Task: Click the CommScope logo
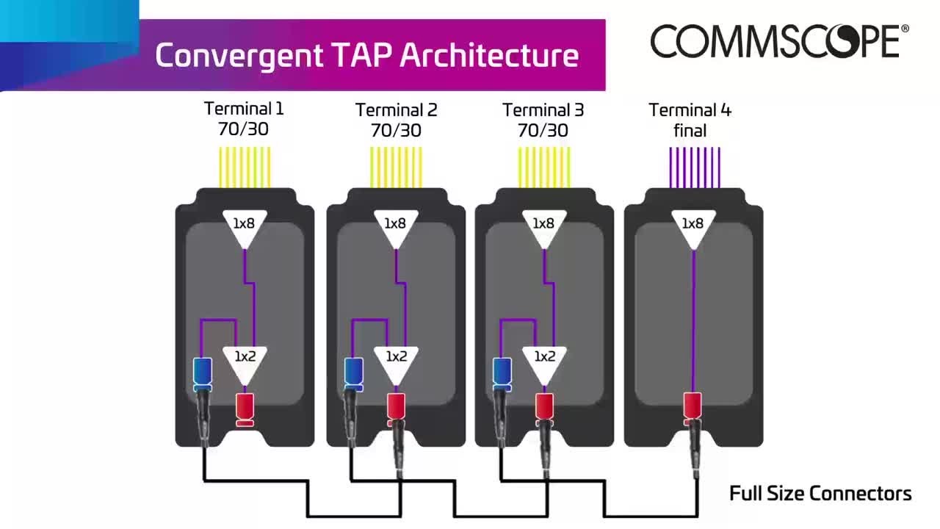tap(778, 41)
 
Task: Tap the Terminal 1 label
tap(244, 109)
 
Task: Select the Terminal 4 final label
tap(690, 120)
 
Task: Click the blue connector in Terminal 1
tap(202, 374)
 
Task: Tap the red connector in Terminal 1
tap(245, 409)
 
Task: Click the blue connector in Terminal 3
tap(502, 374)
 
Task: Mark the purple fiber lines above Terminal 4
tap(694, 168)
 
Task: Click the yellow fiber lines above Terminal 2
tap(396, 168)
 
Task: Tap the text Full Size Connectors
tap(820, 494)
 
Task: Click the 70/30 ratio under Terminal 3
tap(543, 131)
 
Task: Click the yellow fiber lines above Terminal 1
tap(245, 168)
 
